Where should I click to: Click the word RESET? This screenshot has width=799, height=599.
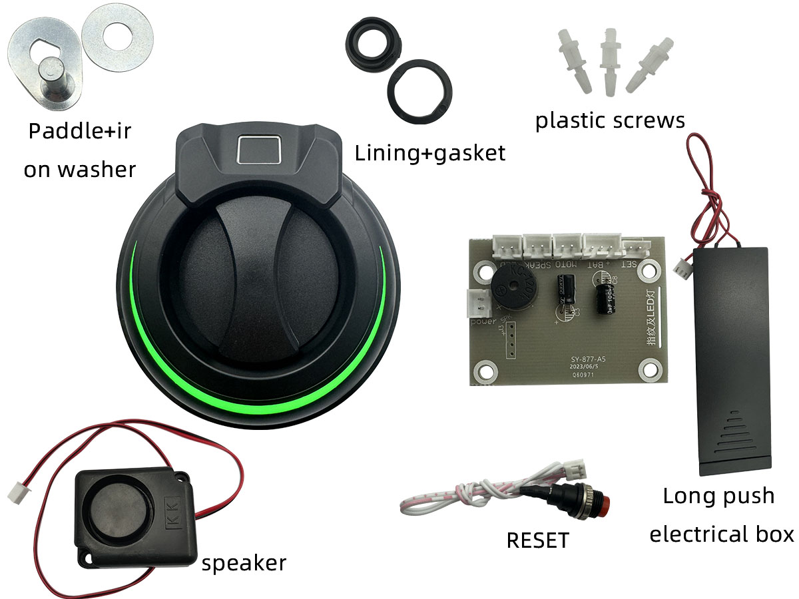[538, 540]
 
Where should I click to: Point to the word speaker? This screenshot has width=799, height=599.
[244, 563]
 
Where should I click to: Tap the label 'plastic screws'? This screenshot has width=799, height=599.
[610, 120]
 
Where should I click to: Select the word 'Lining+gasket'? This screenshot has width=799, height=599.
[430, 153]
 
